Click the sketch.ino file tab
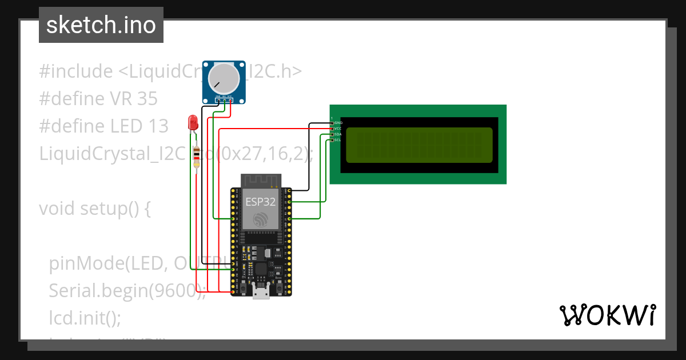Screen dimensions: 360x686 101,25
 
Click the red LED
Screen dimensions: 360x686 193,122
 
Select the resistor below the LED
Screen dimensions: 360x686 197,158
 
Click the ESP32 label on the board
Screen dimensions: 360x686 261,202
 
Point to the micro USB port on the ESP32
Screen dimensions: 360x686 261,293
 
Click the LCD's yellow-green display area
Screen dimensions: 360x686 419,145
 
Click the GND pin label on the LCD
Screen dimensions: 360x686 338,123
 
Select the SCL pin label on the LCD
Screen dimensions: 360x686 337,140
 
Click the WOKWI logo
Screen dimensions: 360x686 607,315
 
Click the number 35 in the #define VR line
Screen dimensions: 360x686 147,99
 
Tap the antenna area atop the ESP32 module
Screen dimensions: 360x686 261,181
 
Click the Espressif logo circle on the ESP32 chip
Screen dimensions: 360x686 261,219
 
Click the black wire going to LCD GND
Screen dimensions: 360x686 309,154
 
